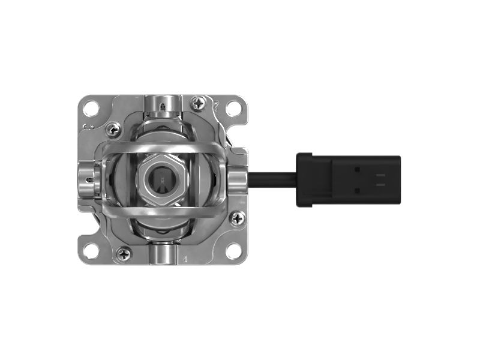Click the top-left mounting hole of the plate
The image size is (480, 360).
(x=91, y=109)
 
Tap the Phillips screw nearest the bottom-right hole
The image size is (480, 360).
(x=237, y=219)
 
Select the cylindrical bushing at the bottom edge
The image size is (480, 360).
(x=162, y=254)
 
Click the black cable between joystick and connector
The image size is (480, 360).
(x=273, y=179)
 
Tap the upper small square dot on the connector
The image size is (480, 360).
(x=358, y=170)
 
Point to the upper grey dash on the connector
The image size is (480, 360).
(x=380, y=175)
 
